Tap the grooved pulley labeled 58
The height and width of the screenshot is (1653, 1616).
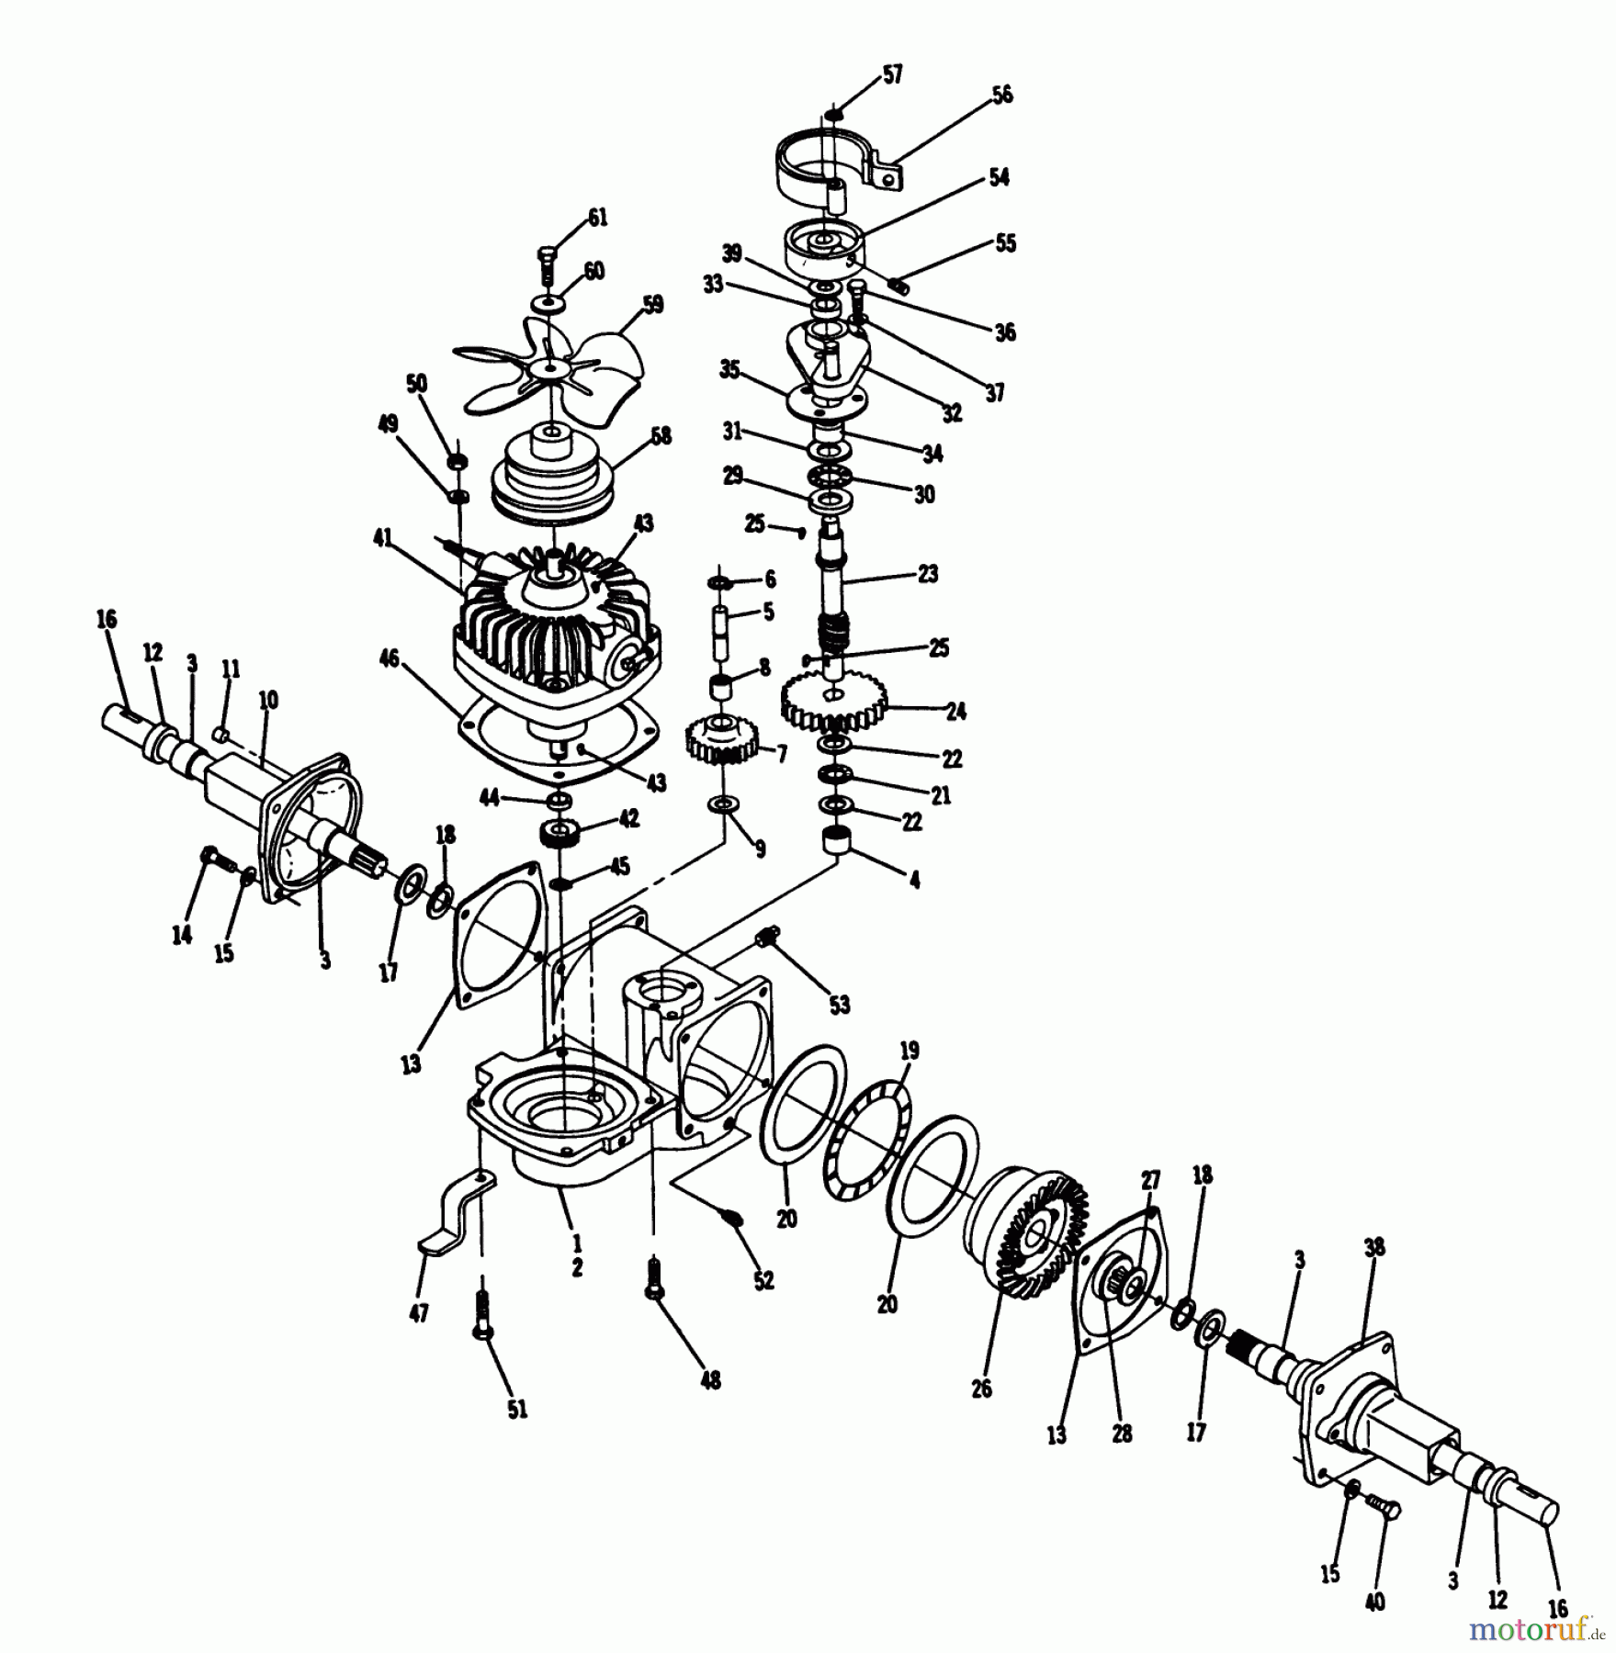(551, 478)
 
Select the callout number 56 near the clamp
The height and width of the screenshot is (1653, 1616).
(1001, 95)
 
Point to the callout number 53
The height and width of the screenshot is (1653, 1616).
(839, 1004)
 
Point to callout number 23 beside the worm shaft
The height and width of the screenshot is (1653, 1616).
(928, 574)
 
